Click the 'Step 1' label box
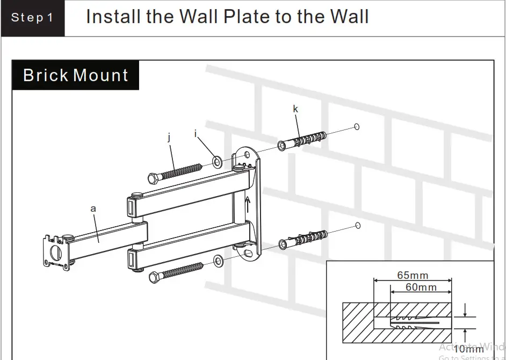[x=33, y=18]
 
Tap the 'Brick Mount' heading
[x=75, y=75]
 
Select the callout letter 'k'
[x=295, y=109]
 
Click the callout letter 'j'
[x=169, y=138]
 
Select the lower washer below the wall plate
[x=218, y=262]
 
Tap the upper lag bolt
[x=175, y=171]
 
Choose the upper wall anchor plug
[x=301, y=139]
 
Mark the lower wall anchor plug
[x=302, y=239]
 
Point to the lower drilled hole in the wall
[x=357, y=226]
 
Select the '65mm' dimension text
[x=413, y=276]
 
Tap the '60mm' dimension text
[x=421, y=287]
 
